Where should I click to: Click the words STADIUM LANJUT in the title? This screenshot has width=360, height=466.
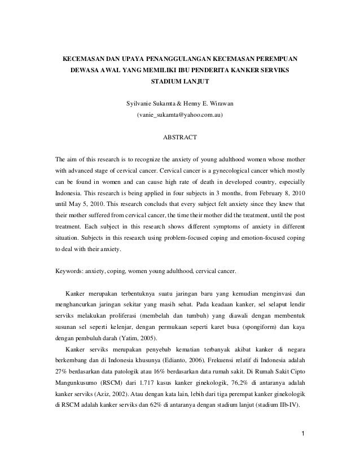[180, 82]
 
